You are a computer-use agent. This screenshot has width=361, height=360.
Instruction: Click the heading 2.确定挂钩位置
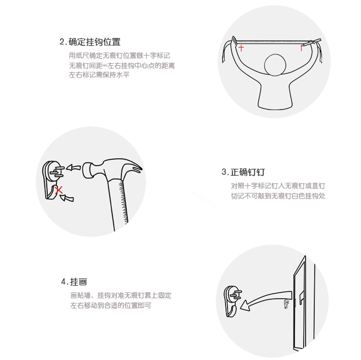[x=90, y=42]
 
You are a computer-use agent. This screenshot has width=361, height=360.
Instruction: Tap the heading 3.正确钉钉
[x=243, y=172]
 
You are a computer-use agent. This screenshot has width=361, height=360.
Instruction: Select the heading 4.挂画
[x=74, y=281]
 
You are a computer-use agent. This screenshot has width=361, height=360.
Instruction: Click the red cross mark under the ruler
[x=241, y=48]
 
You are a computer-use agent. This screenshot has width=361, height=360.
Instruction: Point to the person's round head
[x=275, y=65]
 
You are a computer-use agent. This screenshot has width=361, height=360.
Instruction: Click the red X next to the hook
[x=59, y=190]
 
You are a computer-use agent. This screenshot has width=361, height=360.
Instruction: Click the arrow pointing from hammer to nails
[x=73, y=167]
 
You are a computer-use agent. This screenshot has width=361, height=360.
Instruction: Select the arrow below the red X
[x=67, y=198]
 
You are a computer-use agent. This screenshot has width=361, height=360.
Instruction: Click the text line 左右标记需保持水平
[x=99, y=75]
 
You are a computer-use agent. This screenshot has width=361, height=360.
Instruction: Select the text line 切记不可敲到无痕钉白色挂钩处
[x=278, y=196]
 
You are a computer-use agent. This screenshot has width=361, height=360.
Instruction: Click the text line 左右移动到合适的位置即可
[x=111, y=306]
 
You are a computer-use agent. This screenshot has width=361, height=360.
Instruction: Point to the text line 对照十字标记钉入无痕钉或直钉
[x=278, y=186]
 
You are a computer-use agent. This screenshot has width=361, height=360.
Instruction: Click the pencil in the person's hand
[x=311, y=42]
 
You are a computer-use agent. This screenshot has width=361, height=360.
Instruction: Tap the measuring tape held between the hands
[x=270, y=42]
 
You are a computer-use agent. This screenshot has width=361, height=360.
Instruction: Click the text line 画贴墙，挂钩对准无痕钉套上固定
[x=121, y=295]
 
